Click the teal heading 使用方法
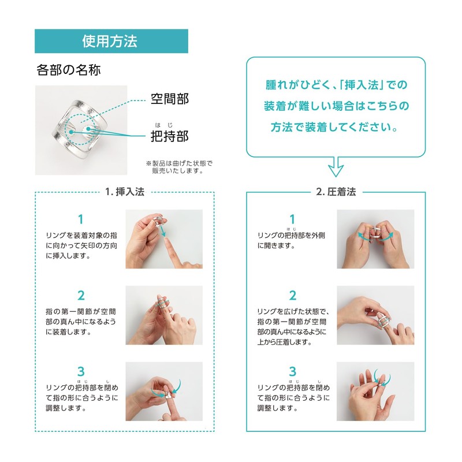(x=111, y=42)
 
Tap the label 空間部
(x=169, y=99)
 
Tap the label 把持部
(x=169, y=136)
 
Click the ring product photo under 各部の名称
(x=81, y=130)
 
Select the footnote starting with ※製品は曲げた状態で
(x=179, y=167)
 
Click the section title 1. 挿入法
(x=124, y=192)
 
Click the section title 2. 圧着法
(x=336, y=192)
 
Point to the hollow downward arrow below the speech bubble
(x=336, y=167)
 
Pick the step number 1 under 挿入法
(x=81, y=219)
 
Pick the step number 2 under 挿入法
(x=81, y=296)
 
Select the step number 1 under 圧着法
(x=293, y=219)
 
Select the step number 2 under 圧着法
(x=293, y=296)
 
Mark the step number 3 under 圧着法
(x=293, y=371)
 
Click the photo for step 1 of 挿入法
(x=164, y=239)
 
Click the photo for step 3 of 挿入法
(x=164, y=391)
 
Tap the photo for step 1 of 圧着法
(x=375, y=239)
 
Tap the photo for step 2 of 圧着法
(x=375, y=315)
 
